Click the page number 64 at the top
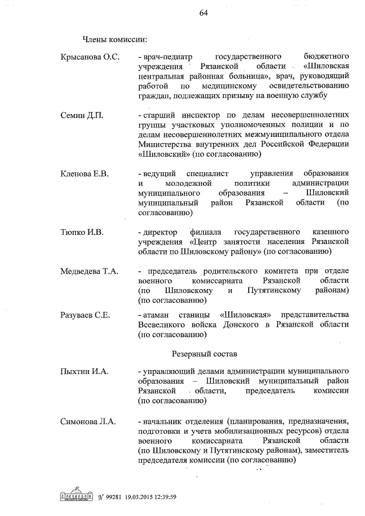[x=203, y=14]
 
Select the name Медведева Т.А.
[x=89, y=271]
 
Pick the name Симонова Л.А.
[x=88, y=421]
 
